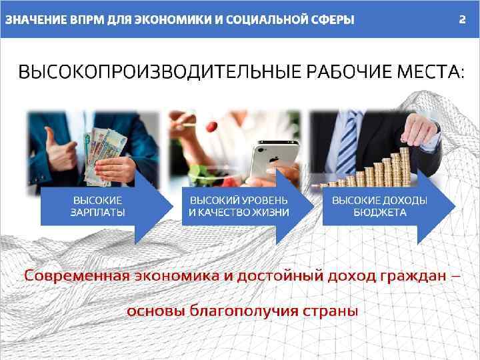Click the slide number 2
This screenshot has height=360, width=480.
click(461, 19)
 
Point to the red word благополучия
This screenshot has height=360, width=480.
click(246, 311)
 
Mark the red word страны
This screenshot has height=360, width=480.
click(331, 311)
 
